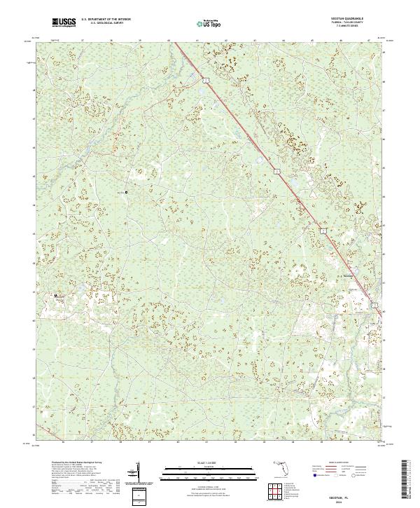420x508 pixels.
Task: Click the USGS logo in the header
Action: tap(64, 23)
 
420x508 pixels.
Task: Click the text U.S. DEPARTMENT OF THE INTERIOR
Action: tap(106, 19)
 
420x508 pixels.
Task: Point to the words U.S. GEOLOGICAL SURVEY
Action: tap(106, 23)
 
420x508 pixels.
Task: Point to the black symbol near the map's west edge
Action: tap(57, 297)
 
